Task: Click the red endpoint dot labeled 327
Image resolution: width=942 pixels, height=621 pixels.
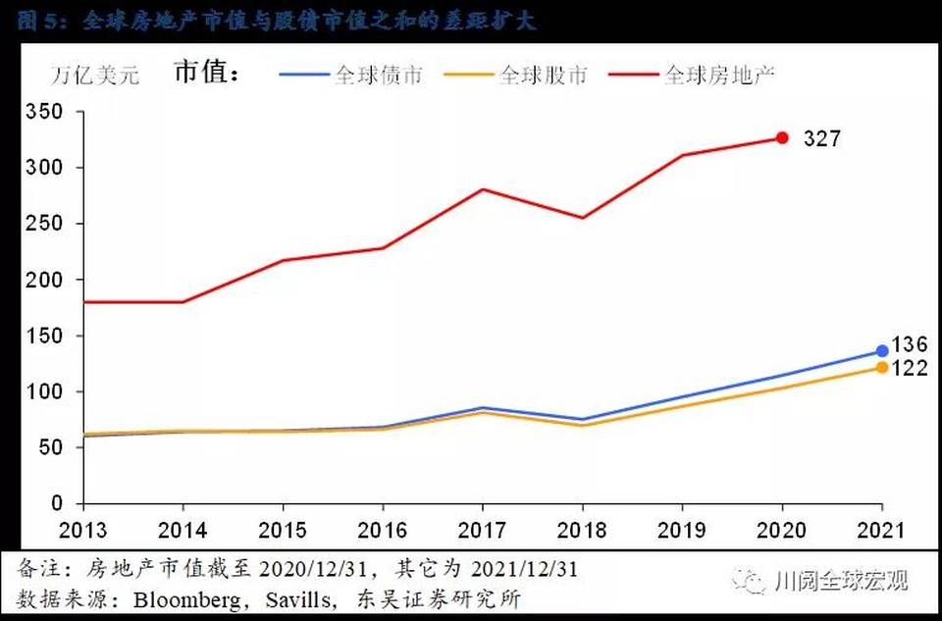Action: click(782, 138)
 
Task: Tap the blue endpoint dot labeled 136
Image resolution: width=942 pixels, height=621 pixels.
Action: click(882, 350)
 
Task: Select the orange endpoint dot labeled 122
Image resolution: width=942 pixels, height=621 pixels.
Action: click(882, 367)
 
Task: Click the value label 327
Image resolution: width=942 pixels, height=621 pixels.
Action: click(821, 138)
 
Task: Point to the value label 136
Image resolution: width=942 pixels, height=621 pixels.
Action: click(910, 345)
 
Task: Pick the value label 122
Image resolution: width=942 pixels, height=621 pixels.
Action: click(910, 370)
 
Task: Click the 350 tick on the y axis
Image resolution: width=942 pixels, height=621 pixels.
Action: click(46, 112)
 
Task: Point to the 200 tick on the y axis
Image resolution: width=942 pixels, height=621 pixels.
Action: click(46, 280)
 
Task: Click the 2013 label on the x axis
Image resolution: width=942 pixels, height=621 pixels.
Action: click(82, 531)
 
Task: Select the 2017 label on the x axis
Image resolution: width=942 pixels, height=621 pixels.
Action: click(482, 531)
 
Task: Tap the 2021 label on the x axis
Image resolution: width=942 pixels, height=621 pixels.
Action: click(882, 531)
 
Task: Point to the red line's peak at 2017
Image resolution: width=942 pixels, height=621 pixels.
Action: click(482, 189)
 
